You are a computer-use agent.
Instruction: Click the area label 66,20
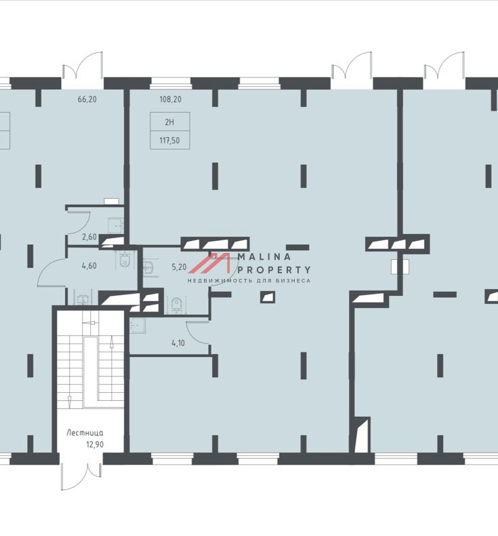tap(87, 100)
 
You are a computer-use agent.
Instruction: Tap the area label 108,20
tap(170, 100)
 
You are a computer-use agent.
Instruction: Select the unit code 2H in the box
tap(169, 122)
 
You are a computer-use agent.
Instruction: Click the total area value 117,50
tap(169, 140)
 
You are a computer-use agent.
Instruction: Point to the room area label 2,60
tap(89, 237)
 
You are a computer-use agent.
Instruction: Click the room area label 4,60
tap(89, 265)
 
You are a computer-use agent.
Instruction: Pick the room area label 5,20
tap(179, 267)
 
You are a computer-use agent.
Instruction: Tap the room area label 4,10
tap(178, 343)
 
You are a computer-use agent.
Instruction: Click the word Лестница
tap(85, 433)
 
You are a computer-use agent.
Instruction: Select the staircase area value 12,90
tap(95, 444)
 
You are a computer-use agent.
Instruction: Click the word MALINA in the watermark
tap(264, 256)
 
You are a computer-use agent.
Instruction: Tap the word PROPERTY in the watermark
tap(274, 270)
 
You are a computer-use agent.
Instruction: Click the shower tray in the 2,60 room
tap(115, 226)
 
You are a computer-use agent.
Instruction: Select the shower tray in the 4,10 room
tap(138, 326)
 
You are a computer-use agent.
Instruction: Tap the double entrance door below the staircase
tap(81, 478)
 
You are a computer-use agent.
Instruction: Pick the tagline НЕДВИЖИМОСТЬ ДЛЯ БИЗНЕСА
tap(249, 281)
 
